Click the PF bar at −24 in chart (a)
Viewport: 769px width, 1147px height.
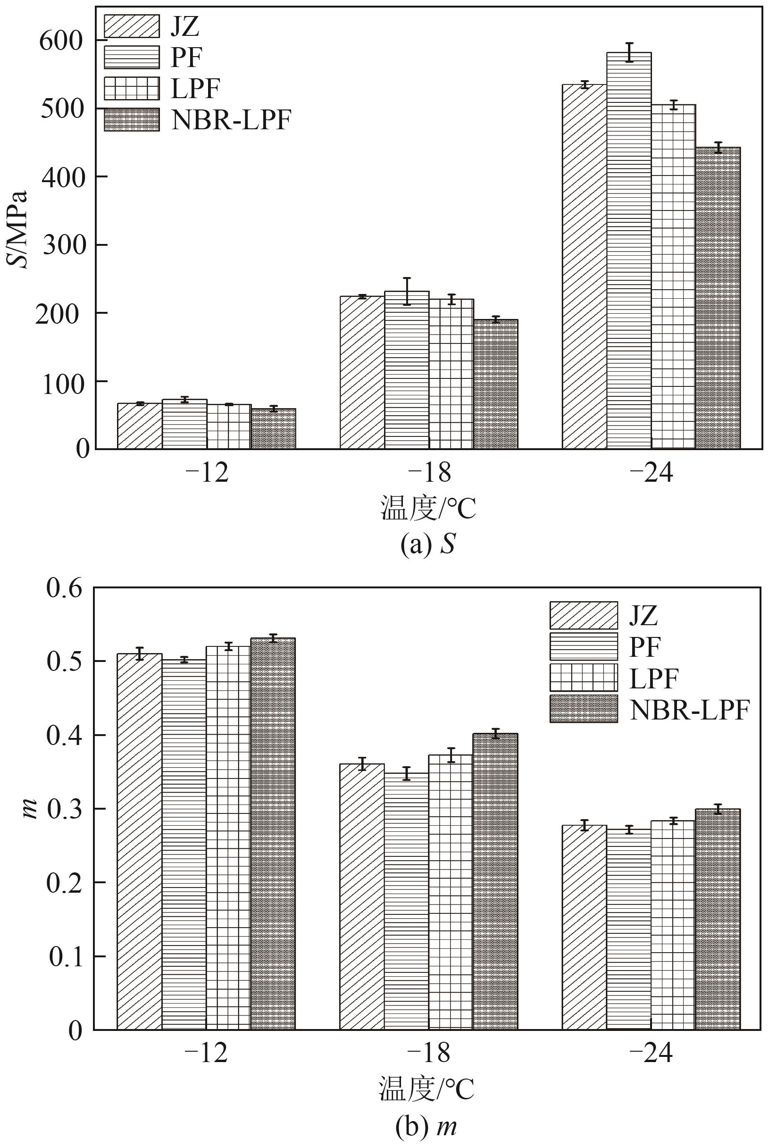click(629, 250)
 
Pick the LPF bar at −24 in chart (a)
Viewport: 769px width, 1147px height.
click(673, 276)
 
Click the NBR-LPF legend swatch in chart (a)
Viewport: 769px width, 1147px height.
click(132, 120)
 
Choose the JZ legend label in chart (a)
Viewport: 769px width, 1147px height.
click(185, 26)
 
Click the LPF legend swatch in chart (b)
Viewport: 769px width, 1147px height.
click(584, 677)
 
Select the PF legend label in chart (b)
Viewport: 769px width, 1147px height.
click(645, 647)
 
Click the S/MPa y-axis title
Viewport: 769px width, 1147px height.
click(18, 228)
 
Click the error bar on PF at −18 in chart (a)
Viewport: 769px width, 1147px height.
click(407, 291)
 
